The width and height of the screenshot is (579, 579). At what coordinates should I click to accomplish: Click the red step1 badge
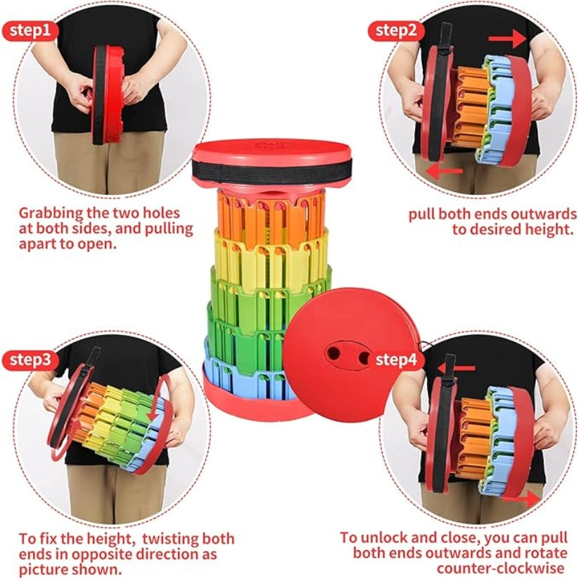pos(30,31)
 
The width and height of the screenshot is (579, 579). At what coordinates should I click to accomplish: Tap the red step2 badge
pos(396,31)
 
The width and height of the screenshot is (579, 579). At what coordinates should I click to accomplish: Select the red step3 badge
pos(30,360)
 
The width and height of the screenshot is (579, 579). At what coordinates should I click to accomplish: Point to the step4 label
pos(396,359)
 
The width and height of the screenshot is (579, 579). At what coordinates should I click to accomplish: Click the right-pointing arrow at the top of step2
pos(507,39)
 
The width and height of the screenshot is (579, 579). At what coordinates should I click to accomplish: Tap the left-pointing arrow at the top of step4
pos(456,368)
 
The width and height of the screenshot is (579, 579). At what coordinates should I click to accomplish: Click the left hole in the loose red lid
pos(333,353)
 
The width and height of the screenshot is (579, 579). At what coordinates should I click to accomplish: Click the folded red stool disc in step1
pos(108,95)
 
